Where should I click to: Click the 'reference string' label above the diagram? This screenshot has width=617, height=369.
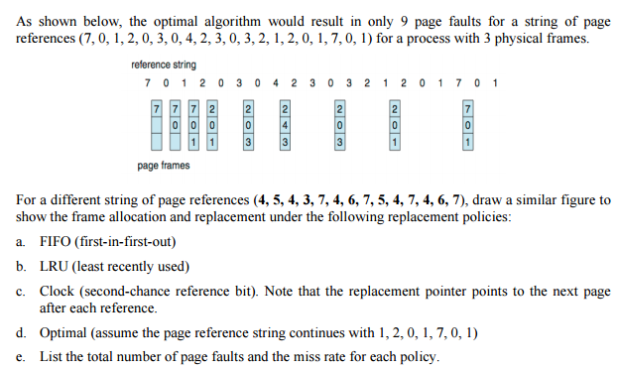coord(164,65)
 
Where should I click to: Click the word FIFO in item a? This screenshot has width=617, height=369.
coord(57,241)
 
